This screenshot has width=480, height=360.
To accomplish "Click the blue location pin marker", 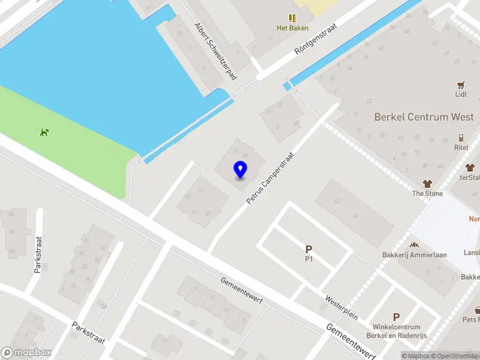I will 240,170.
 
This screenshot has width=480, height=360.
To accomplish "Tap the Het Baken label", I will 292,28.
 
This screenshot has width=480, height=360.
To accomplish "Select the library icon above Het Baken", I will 292,18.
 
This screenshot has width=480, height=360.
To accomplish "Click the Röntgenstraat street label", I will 316,40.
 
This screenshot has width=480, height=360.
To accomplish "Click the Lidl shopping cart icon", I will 461,85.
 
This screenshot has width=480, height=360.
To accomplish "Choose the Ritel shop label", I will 461,148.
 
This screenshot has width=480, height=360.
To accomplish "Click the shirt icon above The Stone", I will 427,184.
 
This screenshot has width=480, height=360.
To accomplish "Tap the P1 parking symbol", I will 309,249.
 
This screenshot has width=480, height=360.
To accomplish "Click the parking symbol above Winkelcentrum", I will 396,317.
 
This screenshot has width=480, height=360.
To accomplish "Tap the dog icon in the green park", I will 44,132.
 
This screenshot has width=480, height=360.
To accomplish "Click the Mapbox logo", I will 26,353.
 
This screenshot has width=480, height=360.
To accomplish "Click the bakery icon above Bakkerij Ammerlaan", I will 413,245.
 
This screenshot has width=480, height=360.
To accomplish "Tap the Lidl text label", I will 461,94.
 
